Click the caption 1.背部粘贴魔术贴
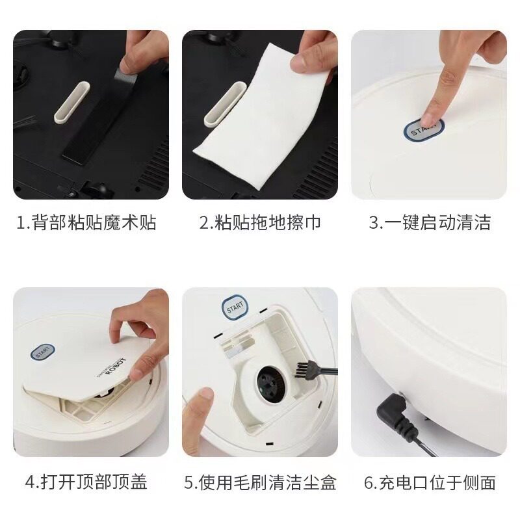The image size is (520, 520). click(86, 223)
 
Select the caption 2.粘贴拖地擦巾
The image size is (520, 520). click(260, 223)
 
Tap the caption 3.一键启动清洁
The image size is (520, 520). click(430, 223)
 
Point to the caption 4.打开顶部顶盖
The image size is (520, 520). click(86, 482)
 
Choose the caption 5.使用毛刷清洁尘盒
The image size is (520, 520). click(260, 482)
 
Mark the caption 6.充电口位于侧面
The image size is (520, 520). click(430, 482)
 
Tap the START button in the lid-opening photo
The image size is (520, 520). click(43, 352)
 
